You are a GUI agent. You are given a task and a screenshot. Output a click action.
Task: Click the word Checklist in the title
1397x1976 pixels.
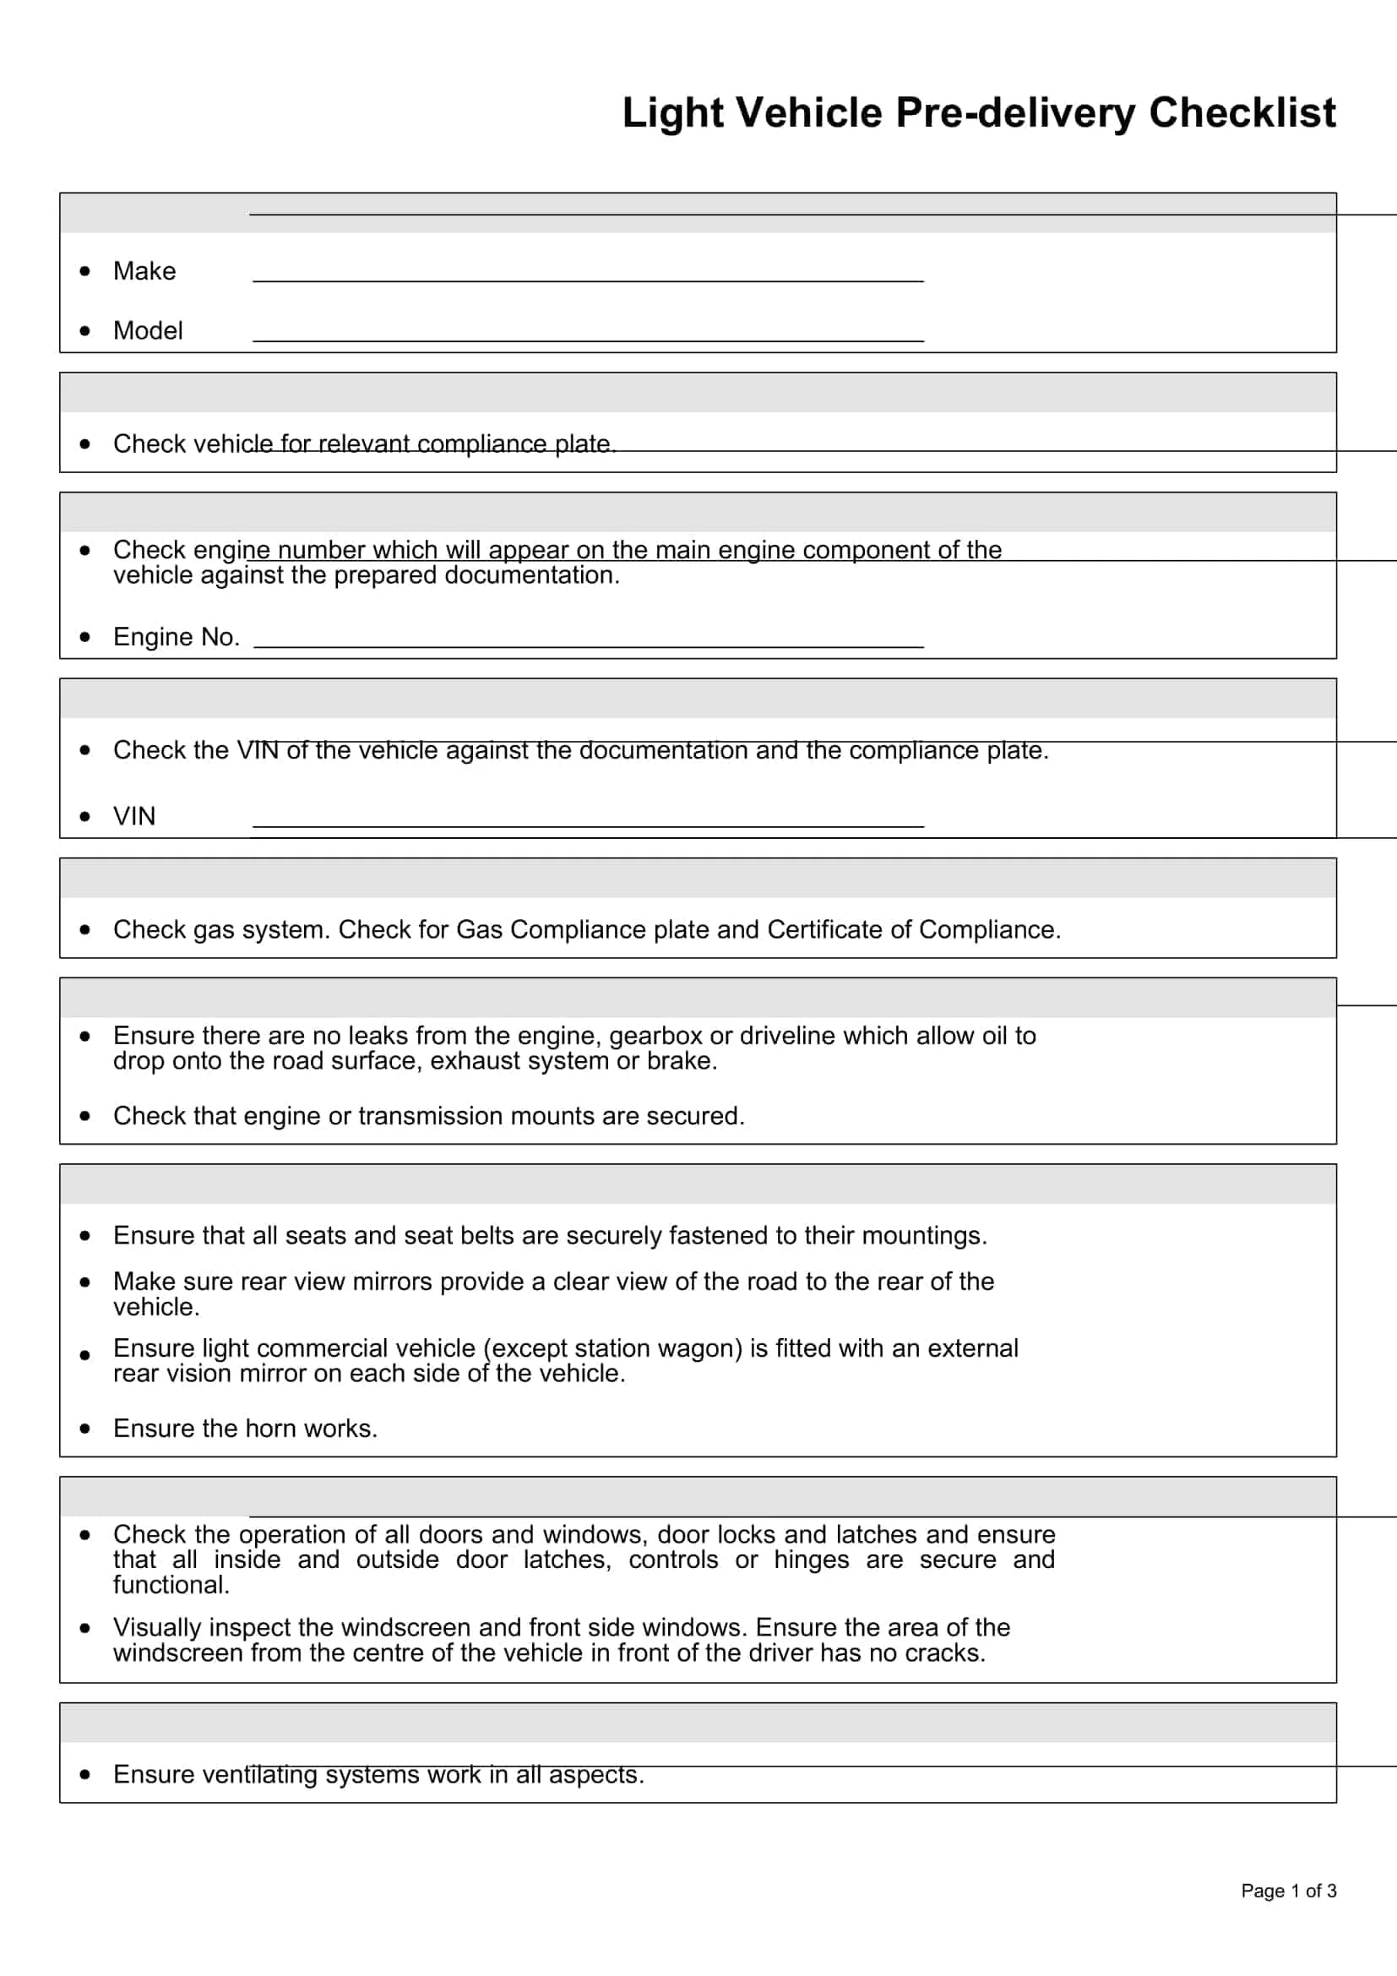click(x=1242, y=112)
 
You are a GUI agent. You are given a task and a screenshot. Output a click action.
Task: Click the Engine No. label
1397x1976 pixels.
click(x=177, y=637)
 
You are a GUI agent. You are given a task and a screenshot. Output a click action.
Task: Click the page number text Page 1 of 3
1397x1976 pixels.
click(x=1288, y=1891)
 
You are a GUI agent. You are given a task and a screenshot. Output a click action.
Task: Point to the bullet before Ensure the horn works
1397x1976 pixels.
click(x=84, y=1429)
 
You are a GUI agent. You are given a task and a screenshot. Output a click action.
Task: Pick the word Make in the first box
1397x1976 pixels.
click(x=144, y=271)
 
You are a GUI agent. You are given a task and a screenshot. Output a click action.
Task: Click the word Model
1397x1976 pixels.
click(x=148, y=330)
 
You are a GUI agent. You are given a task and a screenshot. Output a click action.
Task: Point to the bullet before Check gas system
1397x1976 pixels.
click(x=84, y=929)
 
